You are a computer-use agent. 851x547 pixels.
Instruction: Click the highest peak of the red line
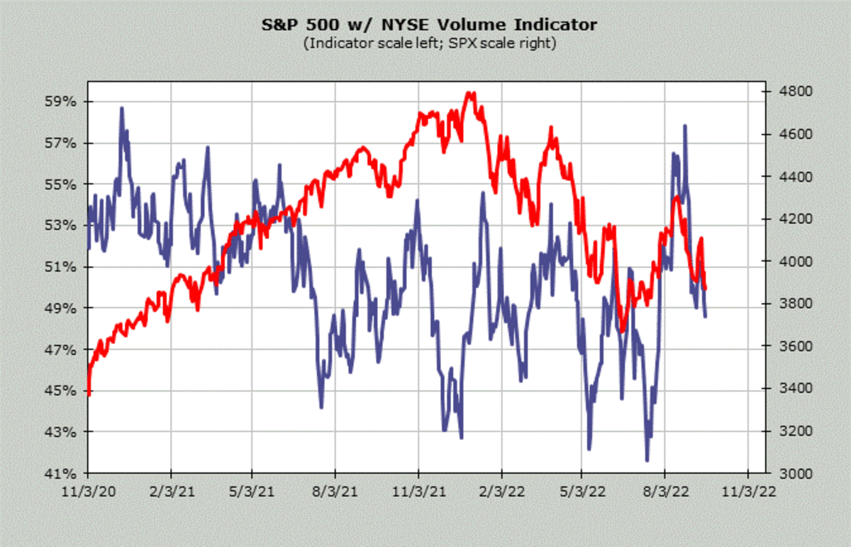(469, 93)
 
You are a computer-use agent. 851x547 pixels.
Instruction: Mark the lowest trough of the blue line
(647, 460)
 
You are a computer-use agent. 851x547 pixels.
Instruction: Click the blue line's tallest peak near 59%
(121, 108)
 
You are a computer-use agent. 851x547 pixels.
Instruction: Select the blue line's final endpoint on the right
(705, 316)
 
